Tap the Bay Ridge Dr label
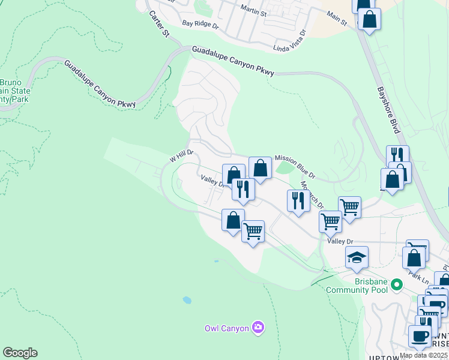coord(200,25)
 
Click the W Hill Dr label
coord(181,157)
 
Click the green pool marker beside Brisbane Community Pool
coord(396,284)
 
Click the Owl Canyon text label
coord(226,328)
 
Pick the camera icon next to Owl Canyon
coord(258,327)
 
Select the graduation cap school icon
coord(357,257)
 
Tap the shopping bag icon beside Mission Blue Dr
coord(260,168)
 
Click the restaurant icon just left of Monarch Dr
coord(298,200)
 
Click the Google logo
coord(20,353)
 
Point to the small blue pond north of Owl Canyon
coord(187,299)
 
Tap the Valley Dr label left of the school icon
coord(340,241)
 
